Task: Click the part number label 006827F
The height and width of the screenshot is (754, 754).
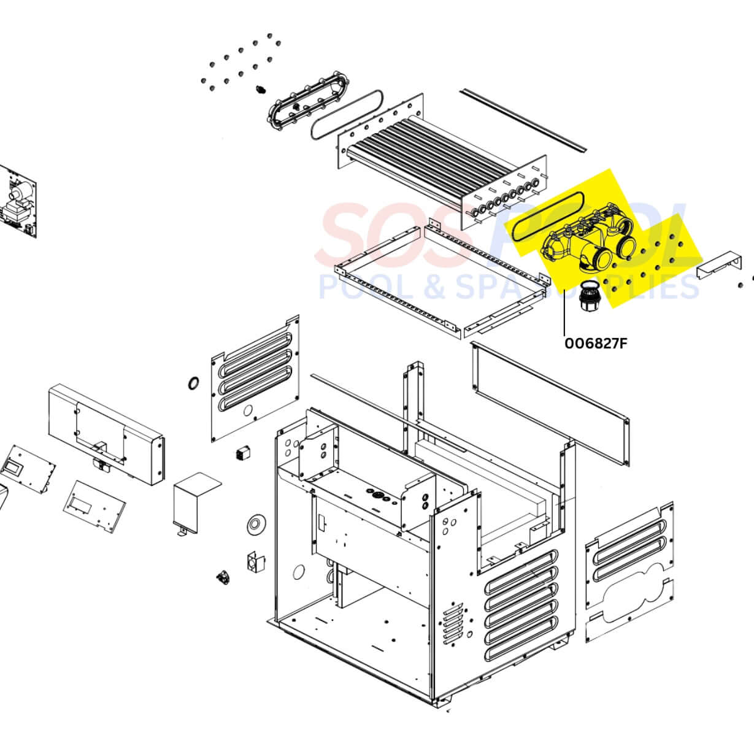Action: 596,342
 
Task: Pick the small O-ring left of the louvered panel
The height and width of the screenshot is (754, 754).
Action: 193,383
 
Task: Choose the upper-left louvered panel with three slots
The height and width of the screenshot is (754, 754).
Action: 255,377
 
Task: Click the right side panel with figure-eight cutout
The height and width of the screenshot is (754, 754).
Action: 629,574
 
